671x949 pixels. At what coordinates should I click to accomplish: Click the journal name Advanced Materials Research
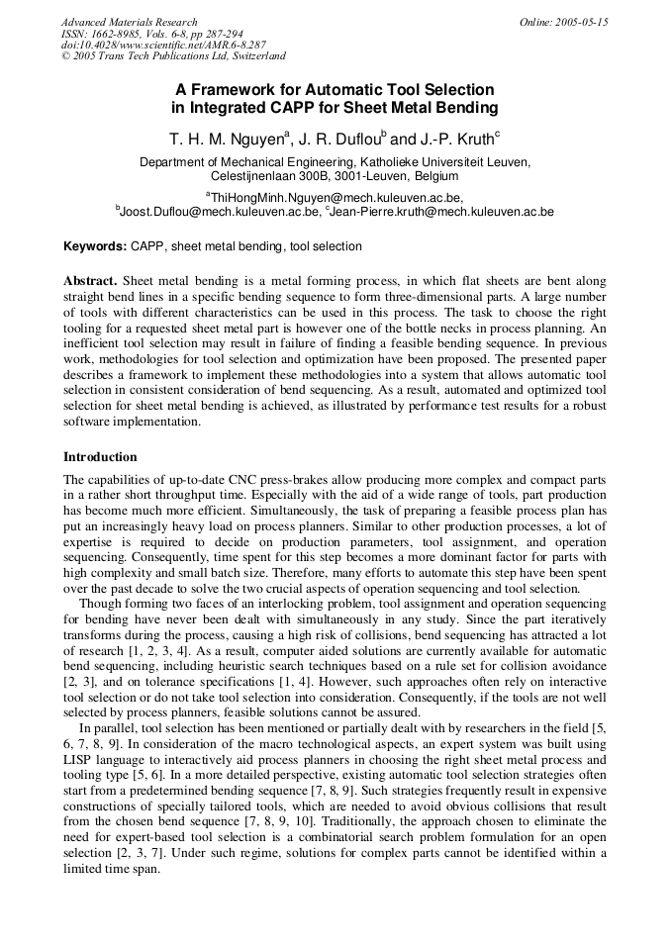[x=129, y=22]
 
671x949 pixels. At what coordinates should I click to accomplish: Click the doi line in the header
[x=163, y=46]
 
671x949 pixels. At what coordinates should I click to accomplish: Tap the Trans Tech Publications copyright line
[x=173, y=56]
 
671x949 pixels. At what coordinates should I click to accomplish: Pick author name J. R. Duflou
[x=339, y=138]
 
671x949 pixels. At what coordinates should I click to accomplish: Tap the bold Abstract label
[x=90, y=282]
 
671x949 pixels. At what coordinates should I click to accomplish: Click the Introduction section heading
[x=100, y=457]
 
